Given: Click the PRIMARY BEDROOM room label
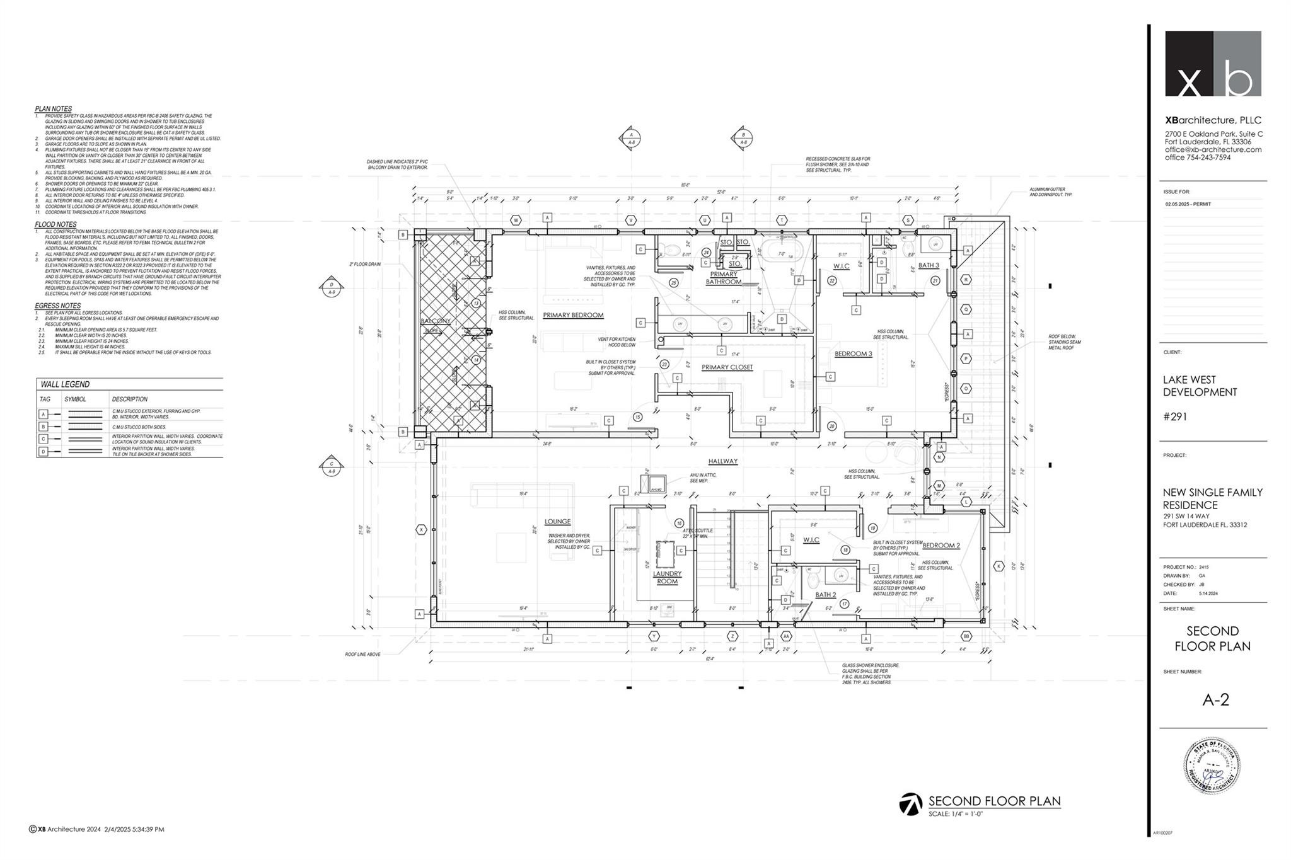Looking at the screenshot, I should (573, 315).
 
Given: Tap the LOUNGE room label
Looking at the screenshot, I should (557, 521).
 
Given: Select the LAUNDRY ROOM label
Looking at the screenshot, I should (667, 577).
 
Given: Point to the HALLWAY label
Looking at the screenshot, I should (722, 461).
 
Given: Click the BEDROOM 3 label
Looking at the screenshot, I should (853, 353).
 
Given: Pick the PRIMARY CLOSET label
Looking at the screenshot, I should (727, 367).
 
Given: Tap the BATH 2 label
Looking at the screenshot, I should (825, 594).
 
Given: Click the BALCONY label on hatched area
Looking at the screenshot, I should (436, 321).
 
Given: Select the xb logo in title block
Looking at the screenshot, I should (1212, 64).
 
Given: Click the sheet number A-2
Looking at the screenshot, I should (1215, 700).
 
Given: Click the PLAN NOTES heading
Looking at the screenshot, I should (53, 109).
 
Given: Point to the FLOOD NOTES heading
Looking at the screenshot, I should (55, 224).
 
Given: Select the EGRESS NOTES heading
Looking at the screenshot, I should (57, 306).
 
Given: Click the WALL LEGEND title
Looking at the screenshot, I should (65, 384).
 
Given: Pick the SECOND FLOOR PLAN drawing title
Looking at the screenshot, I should (994, 801).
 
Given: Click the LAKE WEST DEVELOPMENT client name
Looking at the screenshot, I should (1200, 386).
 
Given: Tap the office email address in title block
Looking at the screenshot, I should (1213, 149).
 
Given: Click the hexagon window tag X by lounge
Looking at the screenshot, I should (421, 530).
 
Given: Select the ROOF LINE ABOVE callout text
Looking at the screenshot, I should (362, 654).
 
